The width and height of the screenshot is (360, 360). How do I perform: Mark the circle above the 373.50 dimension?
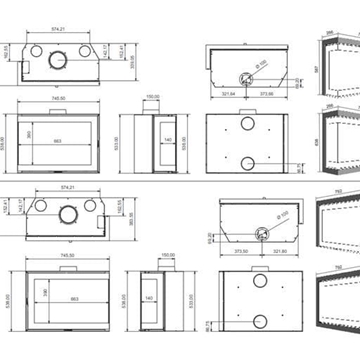259,231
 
